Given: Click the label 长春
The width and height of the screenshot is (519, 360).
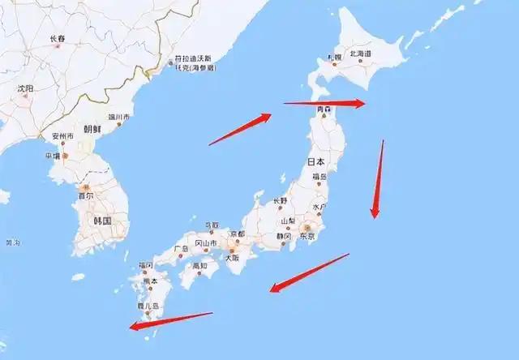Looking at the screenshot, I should pyautogui.click(x=57, y=38).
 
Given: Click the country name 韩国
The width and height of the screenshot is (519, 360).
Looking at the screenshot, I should pyautogui.click(x=101, y=221).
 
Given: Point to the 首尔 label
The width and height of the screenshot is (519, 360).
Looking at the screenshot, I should pyautogui.click(x=85, y=195).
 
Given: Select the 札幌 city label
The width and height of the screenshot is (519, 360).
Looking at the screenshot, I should pyautogui.click(x=334, y=57).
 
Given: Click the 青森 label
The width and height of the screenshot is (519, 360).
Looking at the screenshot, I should pyautogui.click(x=324, y=108).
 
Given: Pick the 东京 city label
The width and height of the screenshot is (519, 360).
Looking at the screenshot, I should pyautogui.click(x=307, y=236).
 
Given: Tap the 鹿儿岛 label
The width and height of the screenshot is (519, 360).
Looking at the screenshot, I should pyautogui.click(x=148, y=306).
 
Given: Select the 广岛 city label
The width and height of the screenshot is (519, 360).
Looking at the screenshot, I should pyautogui.click(x=181, y=248).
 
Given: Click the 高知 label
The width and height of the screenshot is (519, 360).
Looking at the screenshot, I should pyautogui.click(x=199, y=265).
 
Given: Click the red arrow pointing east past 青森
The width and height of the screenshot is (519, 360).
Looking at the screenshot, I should pyautogui.click(x=324, y=103).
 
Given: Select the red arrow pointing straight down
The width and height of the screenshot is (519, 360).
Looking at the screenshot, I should pyautogui.click(x=378, y=179).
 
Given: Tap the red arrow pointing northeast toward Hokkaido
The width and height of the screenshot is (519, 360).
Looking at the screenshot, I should pyautogui.click(x=239, y=129).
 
